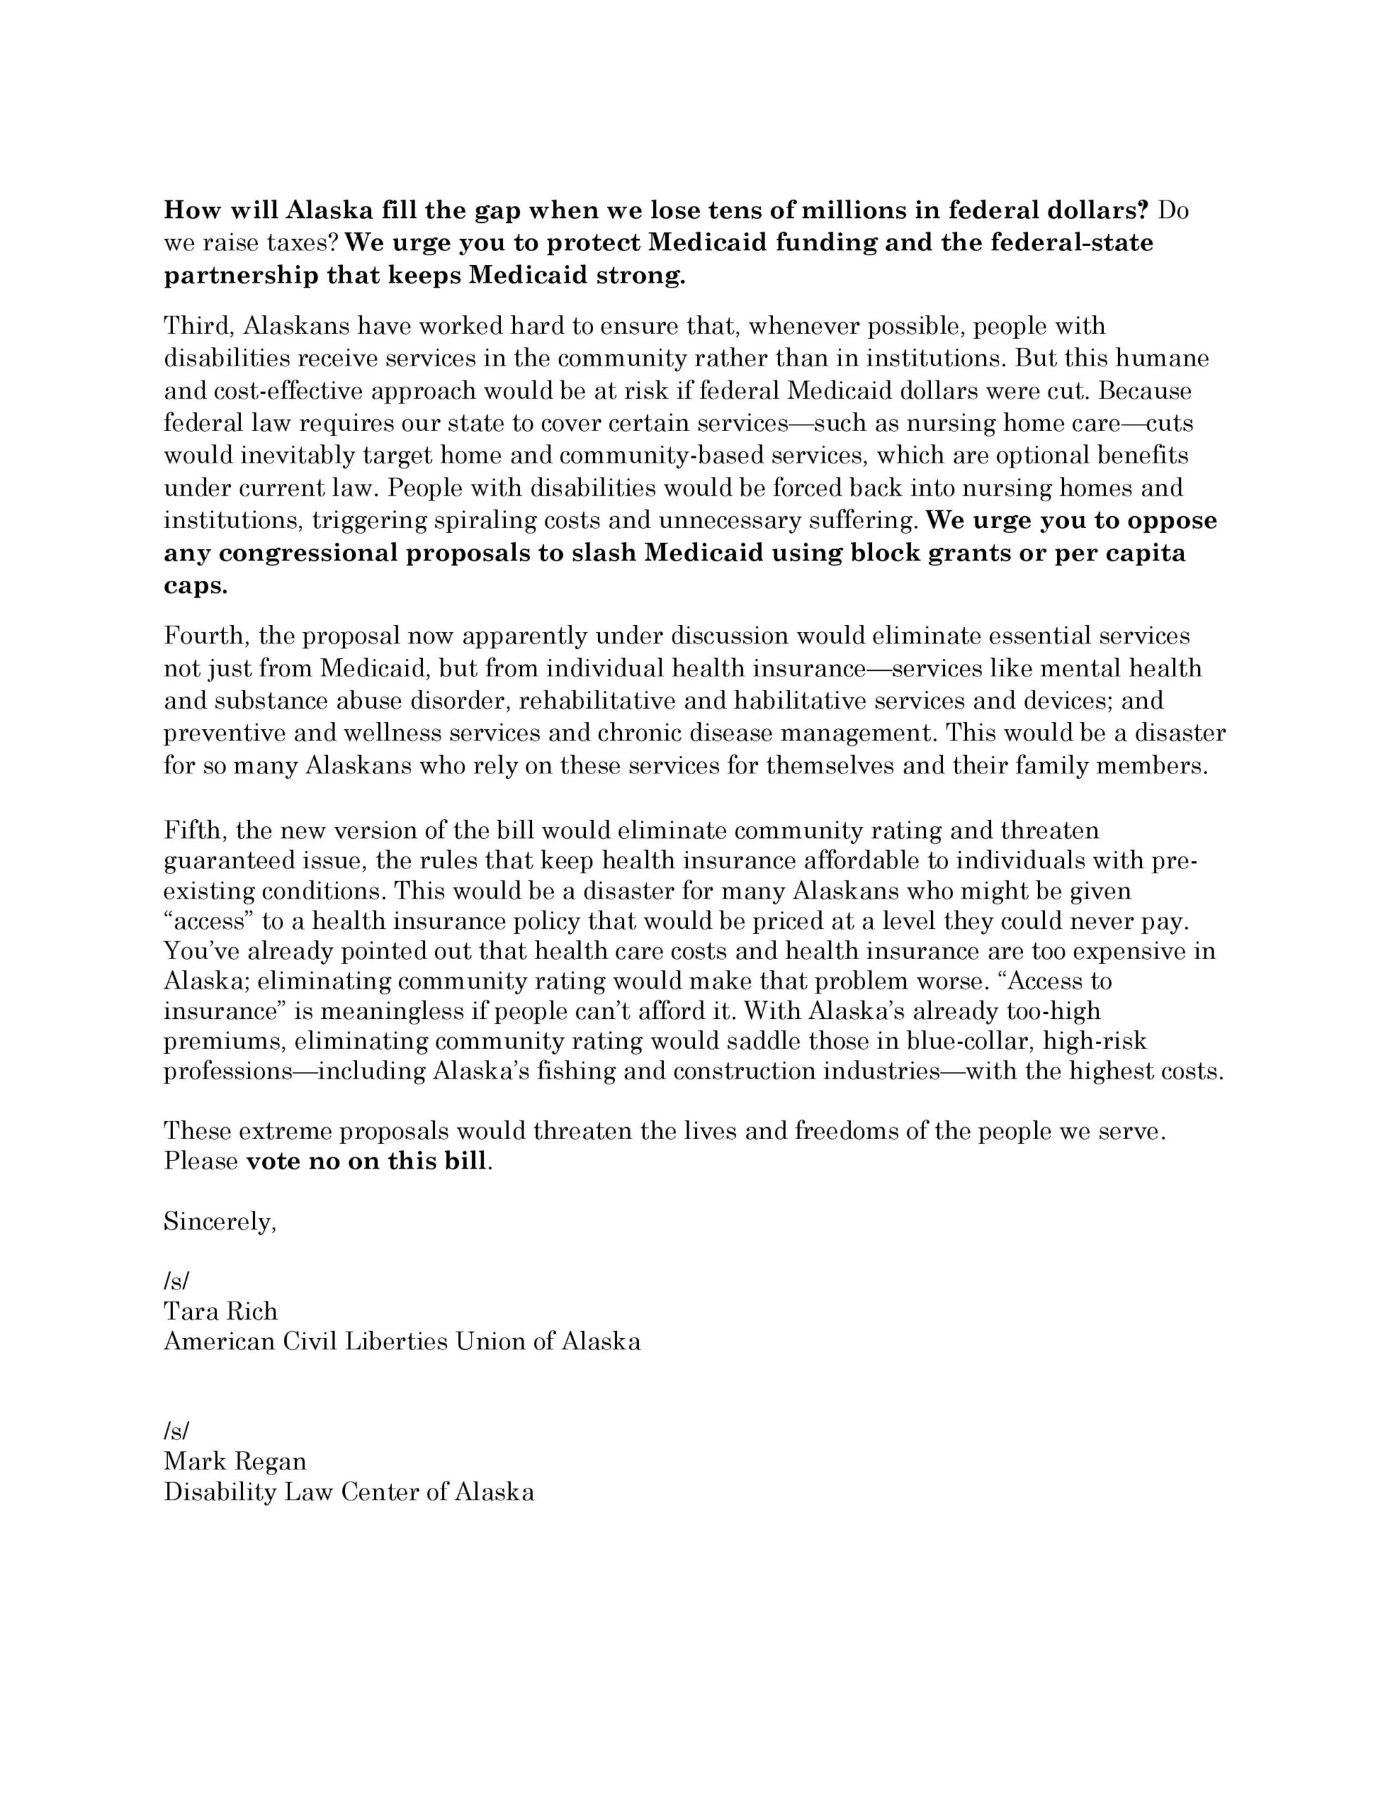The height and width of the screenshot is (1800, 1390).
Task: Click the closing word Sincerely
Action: coord(220,1221)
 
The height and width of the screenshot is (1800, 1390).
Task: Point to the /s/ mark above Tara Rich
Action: coord(176,1281)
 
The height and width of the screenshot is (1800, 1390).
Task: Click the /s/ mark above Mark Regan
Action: coord(176,1431)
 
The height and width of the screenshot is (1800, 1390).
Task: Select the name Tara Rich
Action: coord(221,1311)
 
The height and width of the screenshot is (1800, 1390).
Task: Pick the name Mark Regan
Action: coord(235,1461)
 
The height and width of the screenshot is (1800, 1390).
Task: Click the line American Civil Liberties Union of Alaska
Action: coord(402,1342)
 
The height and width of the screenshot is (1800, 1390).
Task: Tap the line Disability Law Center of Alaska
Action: coord(349,1492)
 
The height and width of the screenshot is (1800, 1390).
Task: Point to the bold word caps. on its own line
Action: coord(195,586)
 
